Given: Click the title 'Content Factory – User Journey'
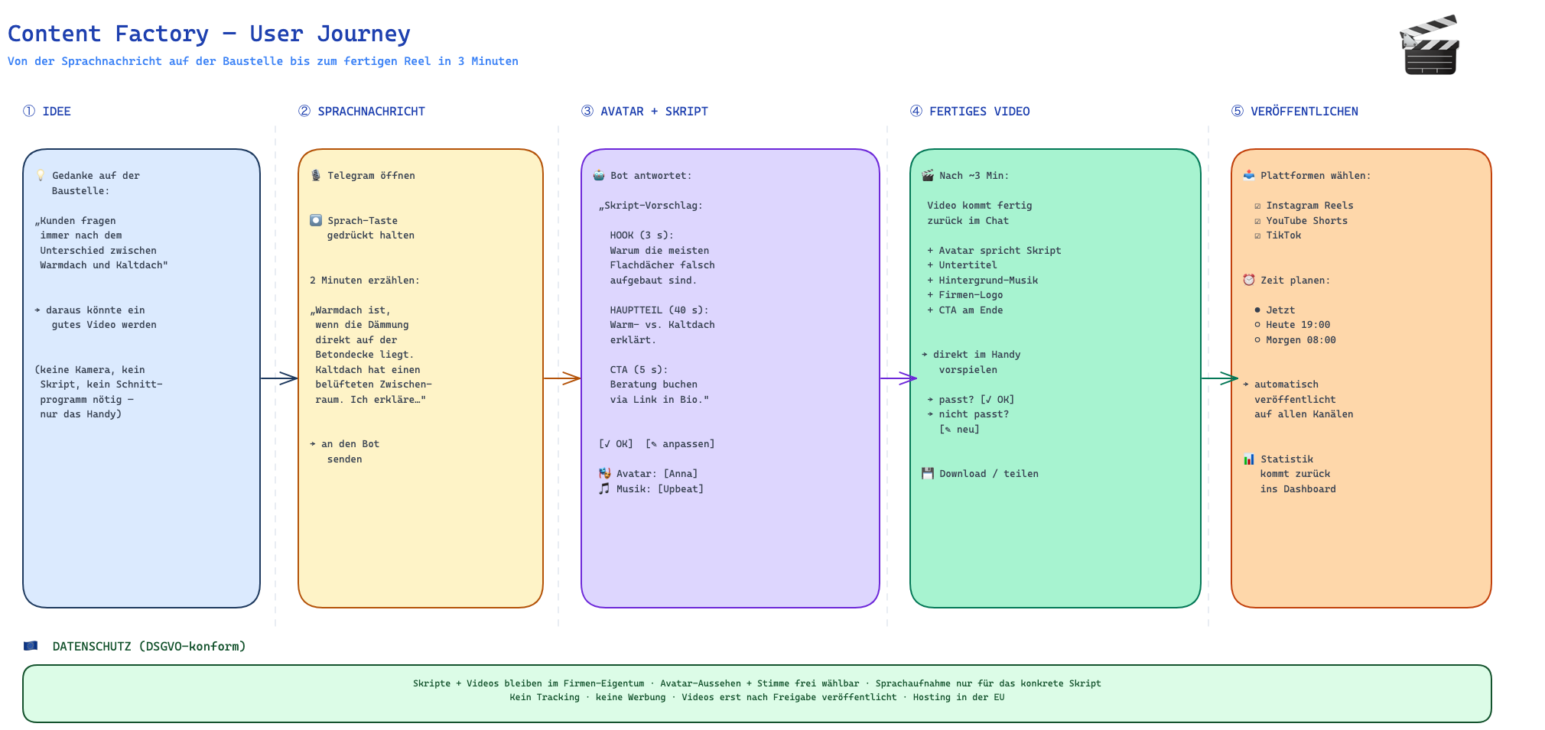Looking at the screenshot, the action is point(209,34).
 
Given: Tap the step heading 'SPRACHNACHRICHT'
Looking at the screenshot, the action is point(371,112).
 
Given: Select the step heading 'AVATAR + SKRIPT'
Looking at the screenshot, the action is point(654,112).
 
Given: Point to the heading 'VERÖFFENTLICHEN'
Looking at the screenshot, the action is point(1304,112).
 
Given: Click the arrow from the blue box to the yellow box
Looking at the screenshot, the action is point(279,378).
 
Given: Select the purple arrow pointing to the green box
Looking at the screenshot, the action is point(899,378).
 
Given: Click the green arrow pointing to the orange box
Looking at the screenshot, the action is point(1220,378).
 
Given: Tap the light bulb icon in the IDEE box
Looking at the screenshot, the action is point(41,176).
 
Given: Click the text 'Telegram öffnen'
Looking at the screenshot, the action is point(371,176).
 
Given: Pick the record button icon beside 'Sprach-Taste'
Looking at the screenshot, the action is point(316,220).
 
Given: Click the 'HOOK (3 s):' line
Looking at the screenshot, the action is point(642,235).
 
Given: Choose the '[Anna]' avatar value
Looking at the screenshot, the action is point(681,474).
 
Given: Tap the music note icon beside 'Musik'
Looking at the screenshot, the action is point(604,488).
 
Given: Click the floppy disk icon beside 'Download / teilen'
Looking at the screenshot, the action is point(928,473).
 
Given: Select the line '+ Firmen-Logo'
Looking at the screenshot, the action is point(965,295).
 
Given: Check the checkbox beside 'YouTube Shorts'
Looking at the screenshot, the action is point(1257,221).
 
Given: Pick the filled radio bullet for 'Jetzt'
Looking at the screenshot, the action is point(1257,310).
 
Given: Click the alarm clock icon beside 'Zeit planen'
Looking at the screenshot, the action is point(1249,280).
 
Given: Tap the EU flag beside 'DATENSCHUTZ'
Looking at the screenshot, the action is point(31,646).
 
